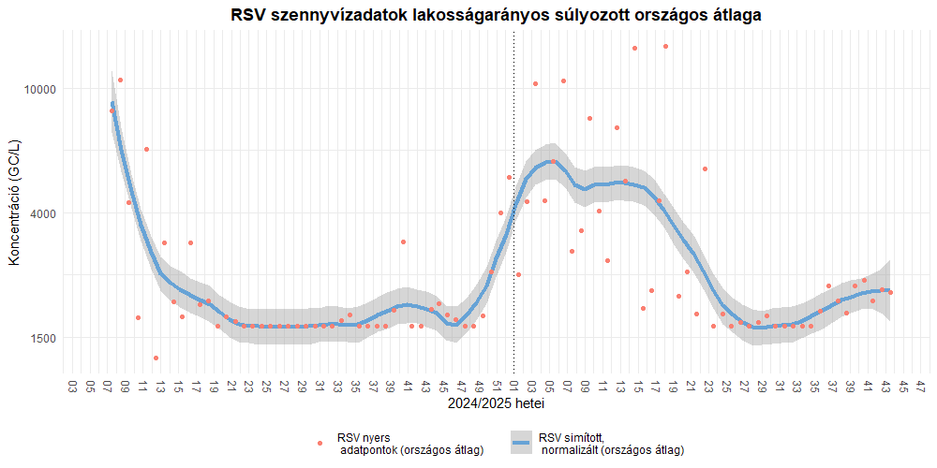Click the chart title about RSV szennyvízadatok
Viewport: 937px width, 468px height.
click(496, 15)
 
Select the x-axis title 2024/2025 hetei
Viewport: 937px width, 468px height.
click(497, 404)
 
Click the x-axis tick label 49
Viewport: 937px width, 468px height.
click(479, 386)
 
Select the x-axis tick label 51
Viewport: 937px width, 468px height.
click(497, 386)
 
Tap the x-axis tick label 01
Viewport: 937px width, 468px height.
click(514, 386)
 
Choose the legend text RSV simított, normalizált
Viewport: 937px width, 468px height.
click(610, 444)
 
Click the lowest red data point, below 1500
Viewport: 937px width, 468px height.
click(156, 358)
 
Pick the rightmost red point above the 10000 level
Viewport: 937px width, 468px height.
click(665, 46)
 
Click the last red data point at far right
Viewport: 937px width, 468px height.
click(890, 293)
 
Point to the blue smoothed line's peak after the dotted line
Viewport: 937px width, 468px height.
click(552, 161)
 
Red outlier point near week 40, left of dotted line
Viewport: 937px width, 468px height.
click(403, 241)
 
